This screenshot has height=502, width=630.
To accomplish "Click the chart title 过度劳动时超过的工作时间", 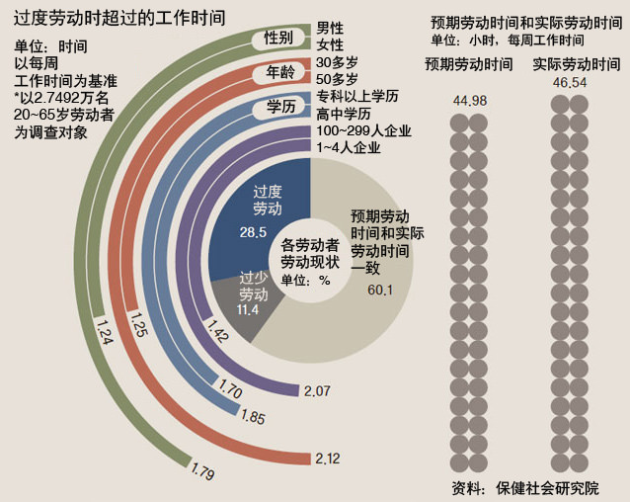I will coord(119,17).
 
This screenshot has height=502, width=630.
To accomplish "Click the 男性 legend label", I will coord(331,28).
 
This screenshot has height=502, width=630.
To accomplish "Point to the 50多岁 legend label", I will coord(338,78).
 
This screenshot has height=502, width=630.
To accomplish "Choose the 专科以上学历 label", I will coord(357,96).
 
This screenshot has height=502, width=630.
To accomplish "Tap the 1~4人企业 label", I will coord(349,148).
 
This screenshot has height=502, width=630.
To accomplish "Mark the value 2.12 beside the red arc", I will coord(326,459).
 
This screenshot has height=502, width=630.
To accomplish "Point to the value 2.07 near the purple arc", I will coord(317,391).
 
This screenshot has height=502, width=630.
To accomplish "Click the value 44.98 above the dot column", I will coord(469,100).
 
